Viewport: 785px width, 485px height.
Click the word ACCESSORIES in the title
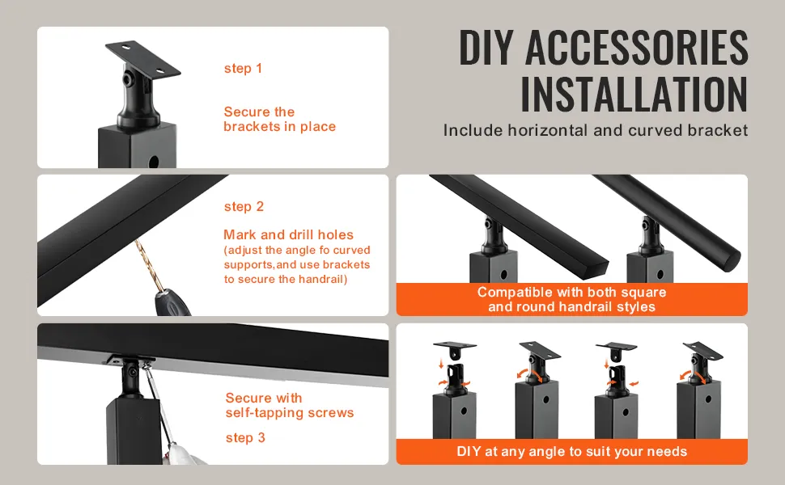(636, 47)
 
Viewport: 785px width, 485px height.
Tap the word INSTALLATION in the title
(634, 94)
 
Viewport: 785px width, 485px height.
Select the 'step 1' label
(243, 69)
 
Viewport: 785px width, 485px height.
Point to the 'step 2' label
(244, 206)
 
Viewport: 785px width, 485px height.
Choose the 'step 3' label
(245, 438)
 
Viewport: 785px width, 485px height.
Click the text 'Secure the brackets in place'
(279, 119)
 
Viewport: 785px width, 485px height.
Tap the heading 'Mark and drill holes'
(288, 234)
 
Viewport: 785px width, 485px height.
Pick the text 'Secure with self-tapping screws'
(290, 406)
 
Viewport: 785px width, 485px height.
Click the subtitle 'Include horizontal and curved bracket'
(596, 130)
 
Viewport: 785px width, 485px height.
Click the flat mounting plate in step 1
(142, 58)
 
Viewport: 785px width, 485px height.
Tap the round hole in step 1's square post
(155, 162)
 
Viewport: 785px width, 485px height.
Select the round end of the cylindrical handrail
(733, 262)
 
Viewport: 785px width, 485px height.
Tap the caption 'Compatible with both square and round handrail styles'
(571, 300)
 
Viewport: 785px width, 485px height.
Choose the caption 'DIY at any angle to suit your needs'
(571, 452)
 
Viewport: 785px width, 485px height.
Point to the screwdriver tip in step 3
(145, 368)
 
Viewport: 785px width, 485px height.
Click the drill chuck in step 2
(172, 302)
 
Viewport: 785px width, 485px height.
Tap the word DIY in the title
(486, 47)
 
